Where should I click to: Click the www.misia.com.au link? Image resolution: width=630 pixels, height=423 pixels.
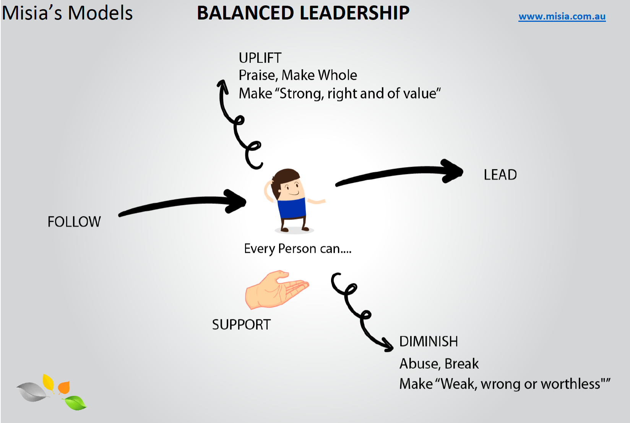562,16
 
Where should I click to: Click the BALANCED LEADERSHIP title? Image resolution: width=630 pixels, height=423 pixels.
303,13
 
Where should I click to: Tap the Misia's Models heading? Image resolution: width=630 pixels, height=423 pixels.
67,13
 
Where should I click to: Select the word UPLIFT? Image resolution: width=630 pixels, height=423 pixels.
260,58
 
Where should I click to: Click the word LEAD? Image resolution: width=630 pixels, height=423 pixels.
500,175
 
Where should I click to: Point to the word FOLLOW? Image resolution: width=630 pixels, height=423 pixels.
74,222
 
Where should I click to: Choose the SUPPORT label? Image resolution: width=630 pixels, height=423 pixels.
241,325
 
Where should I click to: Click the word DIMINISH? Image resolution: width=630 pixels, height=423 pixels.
428,342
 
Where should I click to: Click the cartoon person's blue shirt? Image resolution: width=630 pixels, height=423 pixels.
292,208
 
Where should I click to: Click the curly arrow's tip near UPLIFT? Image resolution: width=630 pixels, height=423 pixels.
222,85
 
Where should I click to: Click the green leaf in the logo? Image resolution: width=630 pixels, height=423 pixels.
75,403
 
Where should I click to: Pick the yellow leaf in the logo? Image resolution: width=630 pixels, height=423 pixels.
48,382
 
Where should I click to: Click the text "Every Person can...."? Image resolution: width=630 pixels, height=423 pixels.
297,249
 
